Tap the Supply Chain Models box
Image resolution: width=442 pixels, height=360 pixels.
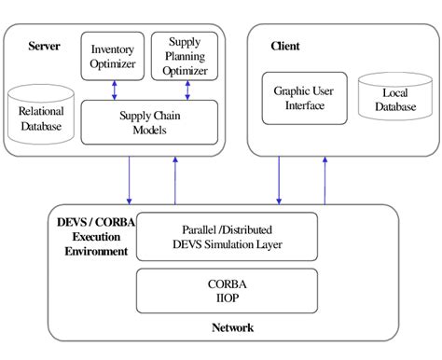click(x=149, y=122)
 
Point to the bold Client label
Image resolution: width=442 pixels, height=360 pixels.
click(x=284, y=45)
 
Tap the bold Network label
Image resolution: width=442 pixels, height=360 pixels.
click(x=231, y=327)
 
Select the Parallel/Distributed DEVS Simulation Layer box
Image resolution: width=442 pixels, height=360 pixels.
click(x=228, y=236)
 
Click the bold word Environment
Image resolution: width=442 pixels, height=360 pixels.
click(x=90, y=251)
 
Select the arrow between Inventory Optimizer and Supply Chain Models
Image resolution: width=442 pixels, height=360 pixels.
click(x=113, y=89)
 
